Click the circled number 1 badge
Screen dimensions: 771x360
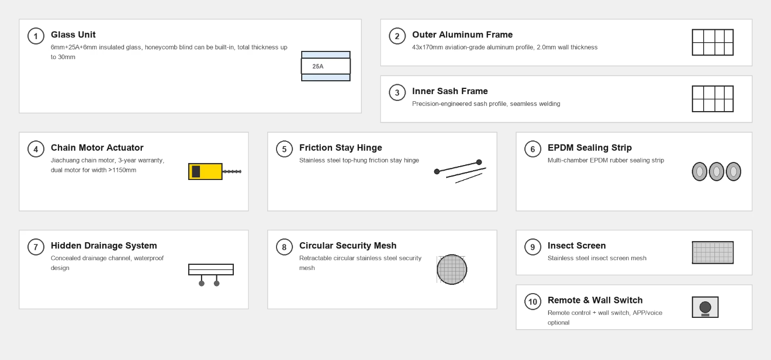(x=36, y=36)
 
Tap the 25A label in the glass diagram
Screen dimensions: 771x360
(x=318, y=66)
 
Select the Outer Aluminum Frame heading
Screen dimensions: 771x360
(x=462, y=35)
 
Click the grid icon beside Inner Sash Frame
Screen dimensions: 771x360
(x=712, y=99)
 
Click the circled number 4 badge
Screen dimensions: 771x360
(x=36, y=149)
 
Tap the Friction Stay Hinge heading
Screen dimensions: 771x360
(x=340, y=148)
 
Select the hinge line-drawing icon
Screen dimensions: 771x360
(x=460, y=171)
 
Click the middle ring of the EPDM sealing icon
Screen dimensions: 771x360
(x=717, y=172)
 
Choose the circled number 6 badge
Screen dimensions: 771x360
(x=533, y=149)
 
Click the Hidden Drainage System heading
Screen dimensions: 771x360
(x=104, y=246)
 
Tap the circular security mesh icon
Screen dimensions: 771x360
(x=452, y=269)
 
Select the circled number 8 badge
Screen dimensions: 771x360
(x=284, y=247)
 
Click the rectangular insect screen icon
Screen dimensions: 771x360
(x=712, y=253)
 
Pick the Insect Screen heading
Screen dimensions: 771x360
(x=577, y=246)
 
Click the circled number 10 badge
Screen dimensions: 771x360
(x=533, y=302)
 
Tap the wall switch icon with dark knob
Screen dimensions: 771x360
(x=705, y=307)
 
